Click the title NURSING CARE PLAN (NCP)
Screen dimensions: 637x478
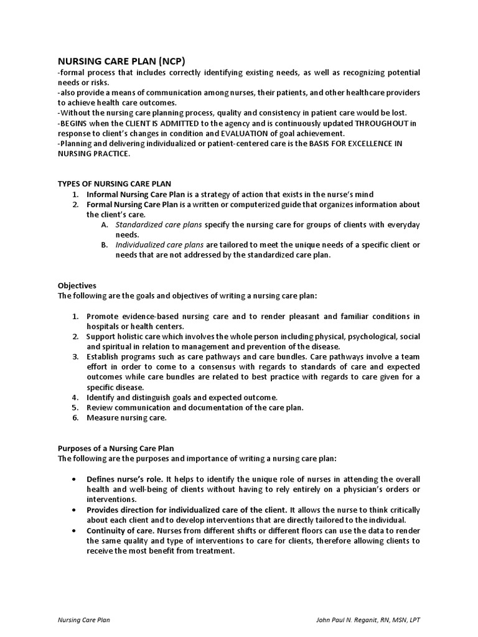(x=121, y=60)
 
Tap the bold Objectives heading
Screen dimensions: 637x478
(x=77, y=285)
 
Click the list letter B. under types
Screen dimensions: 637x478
(x=105, y=244)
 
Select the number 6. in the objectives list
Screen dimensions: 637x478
(x=75, y=417)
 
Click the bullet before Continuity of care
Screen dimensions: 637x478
(x=75, y=530)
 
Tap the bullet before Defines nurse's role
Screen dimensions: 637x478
(x=75, y=479)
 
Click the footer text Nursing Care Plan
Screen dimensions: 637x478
(x=84, y=620)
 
